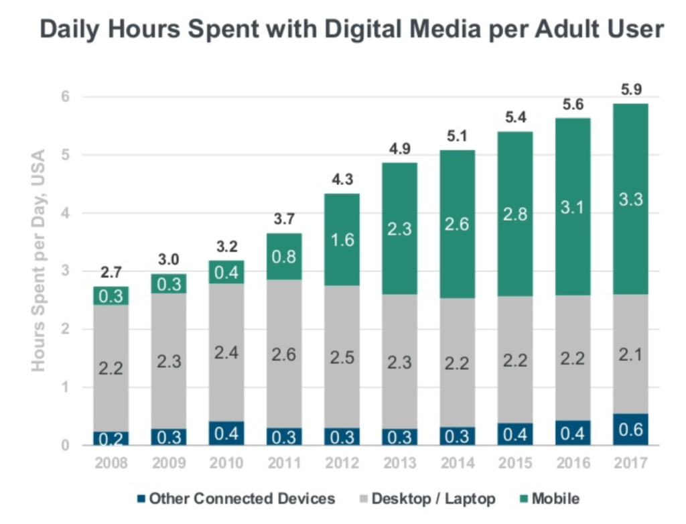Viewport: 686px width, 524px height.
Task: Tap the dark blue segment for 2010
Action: tap(226, 433)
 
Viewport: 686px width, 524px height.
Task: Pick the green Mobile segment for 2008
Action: tap(111, 296)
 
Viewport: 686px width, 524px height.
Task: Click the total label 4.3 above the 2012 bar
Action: tap(342, 180)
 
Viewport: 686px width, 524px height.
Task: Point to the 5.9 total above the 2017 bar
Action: tap(630, 90)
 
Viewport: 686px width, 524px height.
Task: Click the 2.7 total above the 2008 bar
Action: tap(111, 273)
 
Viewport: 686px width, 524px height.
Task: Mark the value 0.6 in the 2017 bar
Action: tap(630, 429)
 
